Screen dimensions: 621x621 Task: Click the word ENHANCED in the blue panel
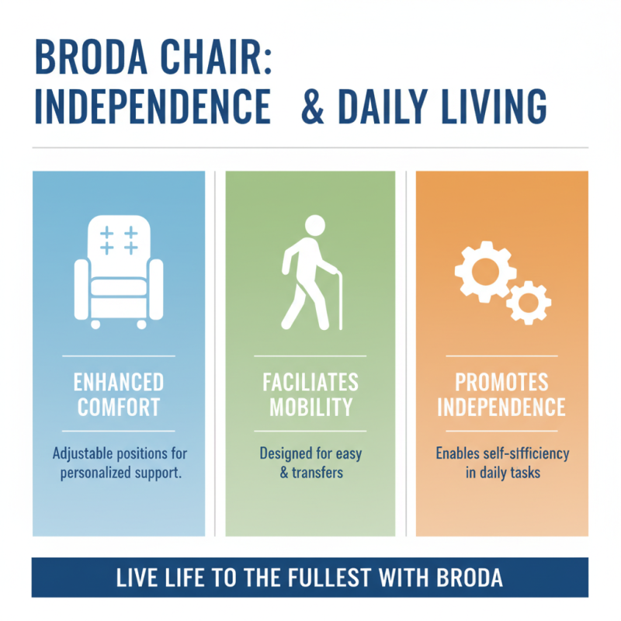click(119, 382)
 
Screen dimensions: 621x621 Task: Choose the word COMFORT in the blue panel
click(119, 406)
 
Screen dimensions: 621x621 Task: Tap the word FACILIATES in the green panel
click(310, 382)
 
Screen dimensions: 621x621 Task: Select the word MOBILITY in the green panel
click(310, 406)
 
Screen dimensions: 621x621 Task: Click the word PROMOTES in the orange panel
click(501, 382)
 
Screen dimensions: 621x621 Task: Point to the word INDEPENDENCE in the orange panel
click(501, 406)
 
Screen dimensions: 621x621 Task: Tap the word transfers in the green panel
click(319, 471)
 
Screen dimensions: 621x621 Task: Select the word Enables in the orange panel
click(459, 453)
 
